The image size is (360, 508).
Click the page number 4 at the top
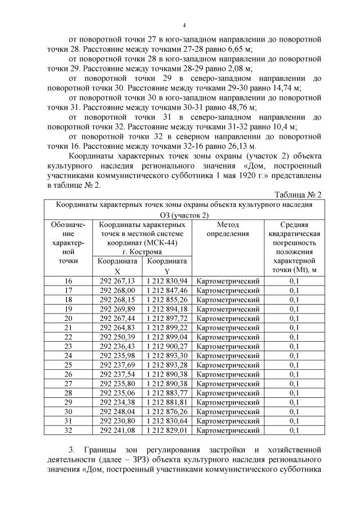pyautogui.click(x=184, y=25)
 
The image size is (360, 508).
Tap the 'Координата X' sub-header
pyautogui.click(x=117, y=266)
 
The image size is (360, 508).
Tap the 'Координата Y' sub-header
pyautogui.click(x=167, y=266)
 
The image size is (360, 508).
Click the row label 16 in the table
pyautogui.click(x=69, y=280)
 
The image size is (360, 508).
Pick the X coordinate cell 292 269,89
pyautogui.click(x=117, y=309)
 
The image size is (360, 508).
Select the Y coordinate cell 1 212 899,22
pyautogui.click(x=167, y=328)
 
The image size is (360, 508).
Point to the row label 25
pyautogui.click(x=69, y=365)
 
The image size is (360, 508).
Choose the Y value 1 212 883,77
pyautogui.click(x=167, y=393)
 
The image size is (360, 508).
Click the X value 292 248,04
pyautogui.click(x=117, y=411)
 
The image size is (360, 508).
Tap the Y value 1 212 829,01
pyautogui.click(x=167, y=430)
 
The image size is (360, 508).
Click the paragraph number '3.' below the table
pyautogui.click(x=72, y=450)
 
